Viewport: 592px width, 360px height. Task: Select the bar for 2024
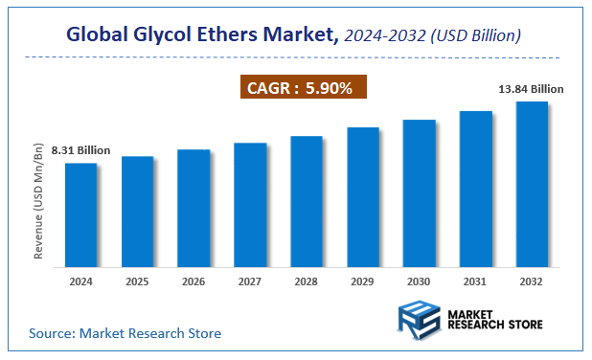coord(80,214)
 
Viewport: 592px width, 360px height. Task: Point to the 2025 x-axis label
coord(137,282)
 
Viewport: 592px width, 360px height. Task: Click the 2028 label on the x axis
coord(307,282)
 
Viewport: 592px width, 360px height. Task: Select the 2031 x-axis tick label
coord(476,282)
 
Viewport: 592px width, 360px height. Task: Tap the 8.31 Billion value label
coord(80,150)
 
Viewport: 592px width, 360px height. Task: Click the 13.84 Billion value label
coord(531,89)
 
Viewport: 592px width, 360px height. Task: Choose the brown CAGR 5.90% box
coord(303,88)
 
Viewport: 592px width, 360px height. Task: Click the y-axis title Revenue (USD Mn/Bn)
coord(39,202)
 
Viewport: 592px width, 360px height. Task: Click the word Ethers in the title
coord(238,35)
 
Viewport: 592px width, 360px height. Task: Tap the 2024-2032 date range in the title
coord(383,36)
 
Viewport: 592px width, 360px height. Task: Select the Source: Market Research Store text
coord(125,333)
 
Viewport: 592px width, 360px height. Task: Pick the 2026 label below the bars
coord(194,282)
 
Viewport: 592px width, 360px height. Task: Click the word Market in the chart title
coord(305,35)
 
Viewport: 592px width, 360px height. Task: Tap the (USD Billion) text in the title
coord(476,36)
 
